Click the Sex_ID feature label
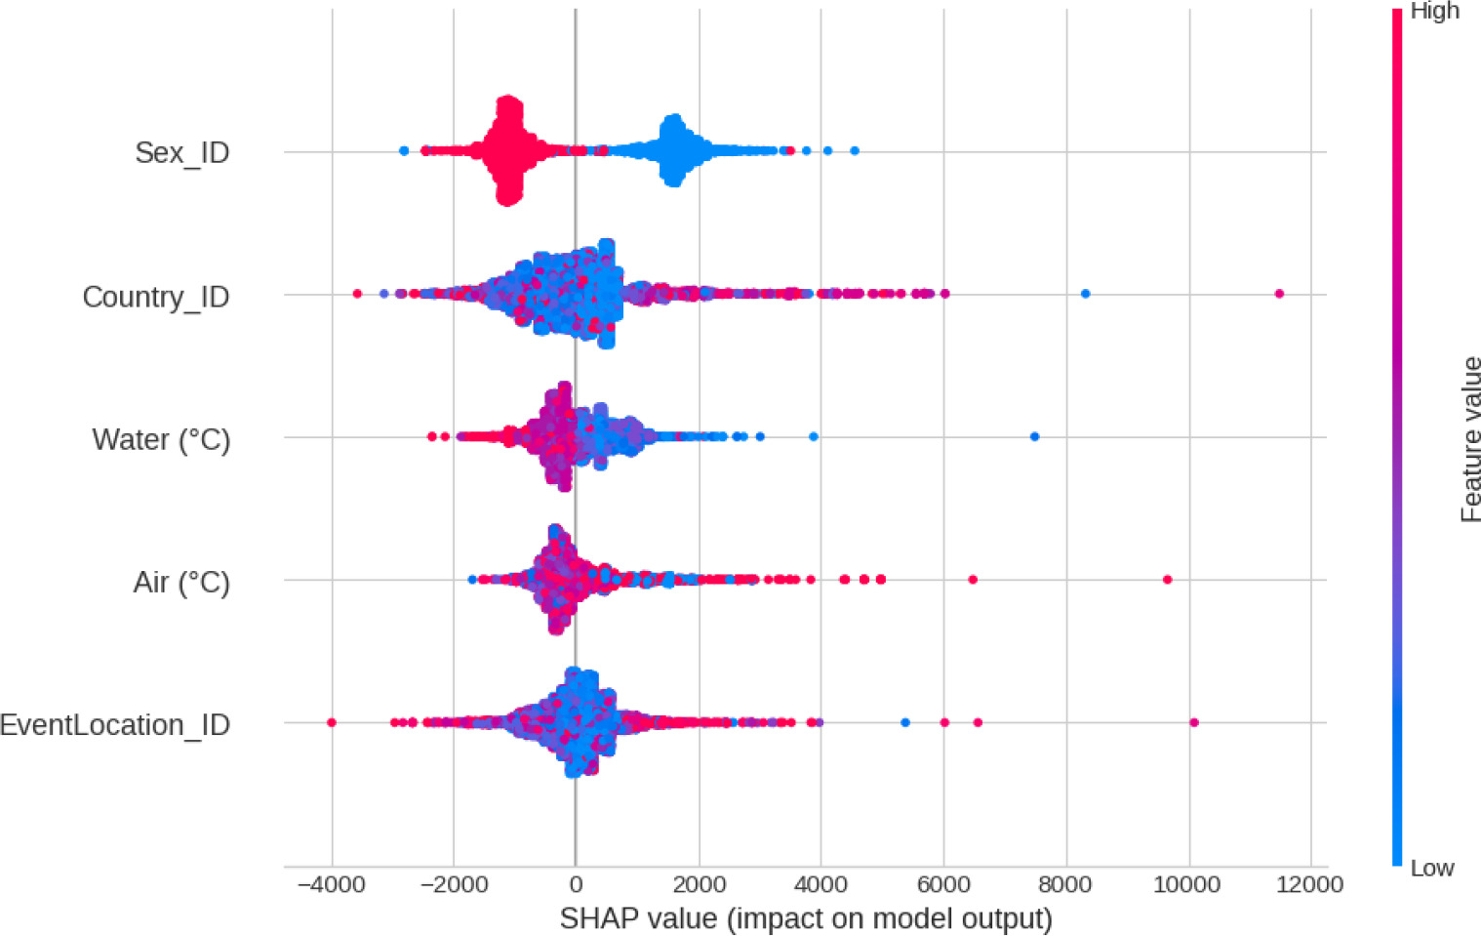coord(182,153)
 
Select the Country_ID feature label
coord(156,297)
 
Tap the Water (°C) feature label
coord(161,440)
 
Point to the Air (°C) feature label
coord(181,583)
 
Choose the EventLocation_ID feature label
coord(115,725)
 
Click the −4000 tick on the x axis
coord(331,885)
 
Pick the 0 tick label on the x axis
coord(576,885)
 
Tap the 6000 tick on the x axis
coord(942,885)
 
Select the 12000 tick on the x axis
coord(1310,885)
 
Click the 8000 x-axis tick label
coord(1065,885)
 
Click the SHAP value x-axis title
coord(806,918)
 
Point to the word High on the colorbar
coord(1434,12)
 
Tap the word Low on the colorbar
coord(1431,868)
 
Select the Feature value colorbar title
coord(1470,439)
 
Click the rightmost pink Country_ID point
coord(1279,294)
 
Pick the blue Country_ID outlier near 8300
coord(1085,294)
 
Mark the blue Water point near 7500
coord(1034,436)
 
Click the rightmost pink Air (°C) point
coord(1167,580)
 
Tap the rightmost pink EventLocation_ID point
coord(1193,722)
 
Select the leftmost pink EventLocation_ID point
coord(332,722)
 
